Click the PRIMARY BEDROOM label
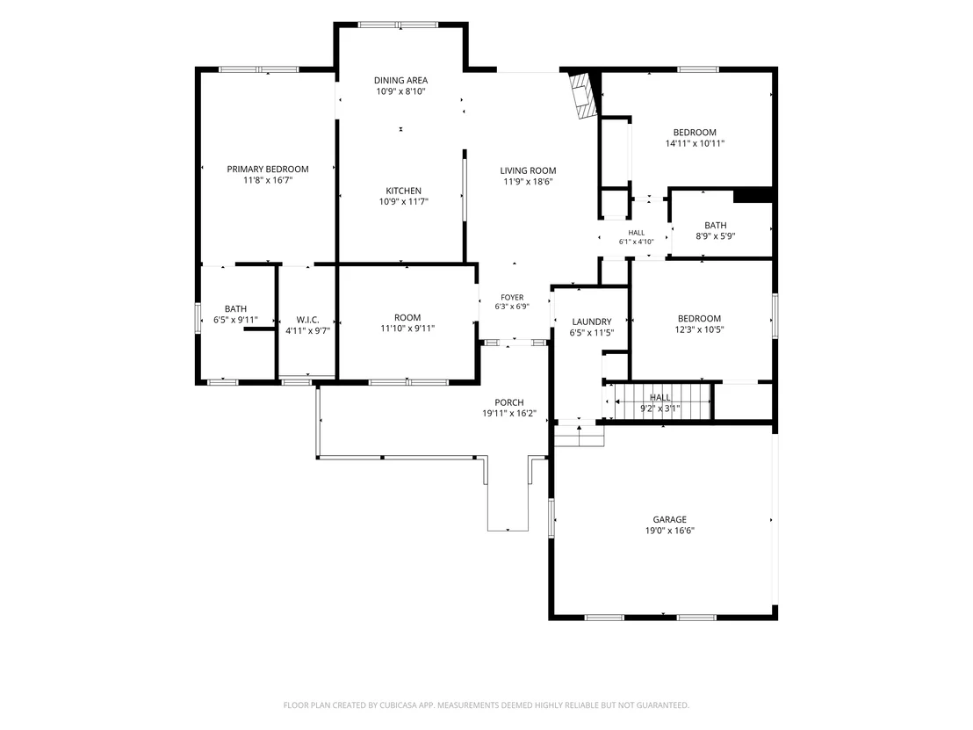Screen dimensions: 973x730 (x=268, y=169)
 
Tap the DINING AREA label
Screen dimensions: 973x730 (x=400, y=80)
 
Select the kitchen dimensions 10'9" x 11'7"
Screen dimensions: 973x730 (x=403, y=202)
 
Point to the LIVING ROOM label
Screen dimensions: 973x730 (x=528, y=170)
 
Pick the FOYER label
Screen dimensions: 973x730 (x=512, y=297)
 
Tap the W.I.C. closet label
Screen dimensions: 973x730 (x=307, y=320)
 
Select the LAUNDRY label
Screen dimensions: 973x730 (x=592, y=322)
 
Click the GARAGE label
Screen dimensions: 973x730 (x=669, y=519)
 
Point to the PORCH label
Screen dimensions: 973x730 (x=509, y=402)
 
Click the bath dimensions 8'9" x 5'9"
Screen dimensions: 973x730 (x=716, y=236)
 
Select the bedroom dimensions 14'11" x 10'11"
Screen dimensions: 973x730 (x=695, y=143)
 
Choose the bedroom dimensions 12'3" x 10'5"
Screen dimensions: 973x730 (x=699, y=329)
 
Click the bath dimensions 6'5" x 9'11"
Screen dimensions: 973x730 (x=236, y=321)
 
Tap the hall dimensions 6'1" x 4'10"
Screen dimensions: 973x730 (x=636, y=242)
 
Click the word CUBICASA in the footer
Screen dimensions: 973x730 (x=400, y=705)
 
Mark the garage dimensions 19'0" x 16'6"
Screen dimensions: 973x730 (x=669, y=531)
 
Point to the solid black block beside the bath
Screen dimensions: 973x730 (x=753, y=195)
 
